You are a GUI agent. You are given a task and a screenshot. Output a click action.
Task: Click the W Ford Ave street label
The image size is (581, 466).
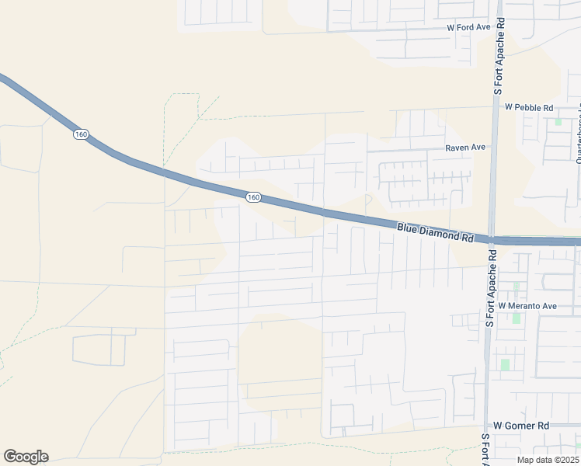(x=468, y=27)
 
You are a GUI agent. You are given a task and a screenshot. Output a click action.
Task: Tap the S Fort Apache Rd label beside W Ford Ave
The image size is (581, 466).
(x=500, y=58)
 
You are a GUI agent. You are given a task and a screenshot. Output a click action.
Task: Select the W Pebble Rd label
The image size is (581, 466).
(x=528, y=107)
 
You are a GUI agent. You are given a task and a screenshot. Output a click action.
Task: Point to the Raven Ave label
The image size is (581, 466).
(x=464, y=147)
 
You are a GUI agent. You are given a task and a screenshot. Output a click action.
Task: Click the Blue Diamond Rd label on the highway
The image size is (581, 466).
(x=435, y=232)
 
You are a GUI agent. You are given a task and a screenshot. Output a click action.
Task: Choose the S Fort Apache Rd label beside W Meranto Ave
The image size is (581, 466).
(x=489, y=287)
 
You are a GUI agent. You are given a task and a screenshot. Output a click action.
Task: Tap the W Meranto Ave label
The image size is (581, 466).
(x=528, y=306)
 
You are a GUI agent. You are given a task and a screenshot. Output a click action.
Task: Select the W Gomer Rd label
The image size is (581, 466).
(x=521, y=426)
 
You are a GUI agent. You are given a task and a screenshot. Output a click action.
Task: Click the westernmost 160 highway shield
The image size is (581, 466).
(x=81, y=134)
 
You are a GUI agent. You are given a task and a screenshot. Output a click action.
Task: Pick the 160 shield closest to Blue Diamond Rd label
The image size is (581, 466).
(x=252, y=197)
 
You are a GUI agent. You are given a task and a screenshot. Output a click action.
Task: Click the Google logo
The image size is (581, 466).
(x=26, y=457)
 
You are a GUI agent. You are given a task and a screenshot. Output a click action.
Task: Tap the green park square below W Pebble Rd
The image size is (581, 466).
(x=558, y=122)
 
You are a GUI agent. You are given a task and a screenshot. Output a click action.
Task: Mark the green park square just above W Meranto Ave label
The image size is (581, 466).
(x=516, y=286)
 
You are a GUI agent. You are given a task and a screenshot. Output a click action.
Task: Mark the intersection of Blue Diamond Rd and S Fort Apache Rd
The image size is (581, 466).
(x=492, y=239)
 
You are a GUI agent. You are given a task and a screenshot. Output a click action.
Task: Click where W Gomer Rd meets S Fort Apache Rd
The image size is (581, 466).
(x=485, y=426)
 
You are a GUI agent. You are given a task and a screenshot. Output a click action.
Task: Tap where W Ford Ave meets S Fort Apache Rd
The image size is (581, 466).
(x=499, y=28)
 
